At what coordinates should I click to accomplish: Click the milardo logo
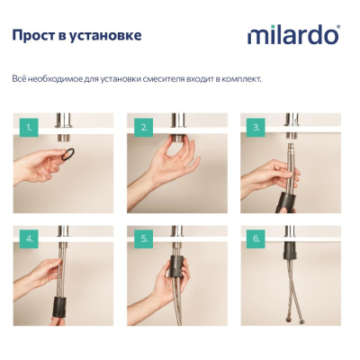click(294, 35)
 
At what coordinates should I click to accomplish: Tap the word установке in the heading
click(105, 36)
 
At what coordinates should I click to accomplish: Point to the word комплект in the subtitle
click(243, 79)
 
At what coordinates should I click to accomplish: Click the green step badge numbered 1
click(29, 128)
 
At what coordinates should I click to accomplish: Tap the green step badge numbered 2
click(144, 128)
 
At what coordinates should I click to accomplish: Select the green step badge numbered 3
click(256, 128)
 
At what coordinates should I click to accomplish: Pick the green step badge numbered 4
click(29, 239)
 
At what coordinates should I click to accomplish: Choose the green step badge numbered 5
click(144, 239)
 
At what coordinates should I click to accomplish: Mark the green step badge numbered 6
click(256, 239)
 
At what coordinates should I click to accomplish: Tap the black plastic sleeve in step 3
click(285, 202)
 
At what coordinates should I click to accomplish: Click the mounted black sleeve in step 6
click(291, 251)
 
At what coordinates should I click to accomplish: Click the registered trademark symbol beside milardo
click(338, 27)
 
